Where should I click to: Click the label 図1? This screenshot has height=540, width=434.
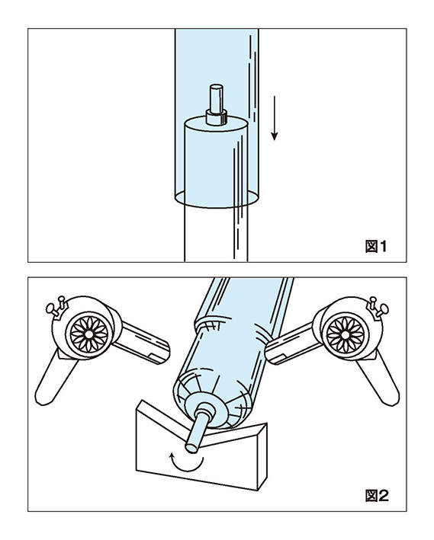376,246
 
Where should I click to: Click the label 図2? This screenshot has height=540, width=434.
377,496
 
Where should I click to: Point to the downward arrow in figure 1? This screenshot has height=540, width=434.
275,118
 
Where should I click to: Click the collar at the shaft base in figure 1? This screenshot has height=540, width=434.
217,117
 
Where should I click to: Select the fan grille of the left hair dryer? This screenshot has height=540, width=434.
89,334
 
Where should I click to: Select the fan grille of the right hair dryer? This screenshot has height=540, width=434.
346,334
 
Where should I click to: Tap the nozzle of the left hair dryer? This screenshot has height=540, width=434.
142,343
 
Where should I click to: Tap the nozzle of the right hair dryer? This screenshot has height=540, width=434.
292,343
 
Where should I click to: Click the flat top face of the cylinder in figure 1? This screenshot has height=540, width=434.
217,124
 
